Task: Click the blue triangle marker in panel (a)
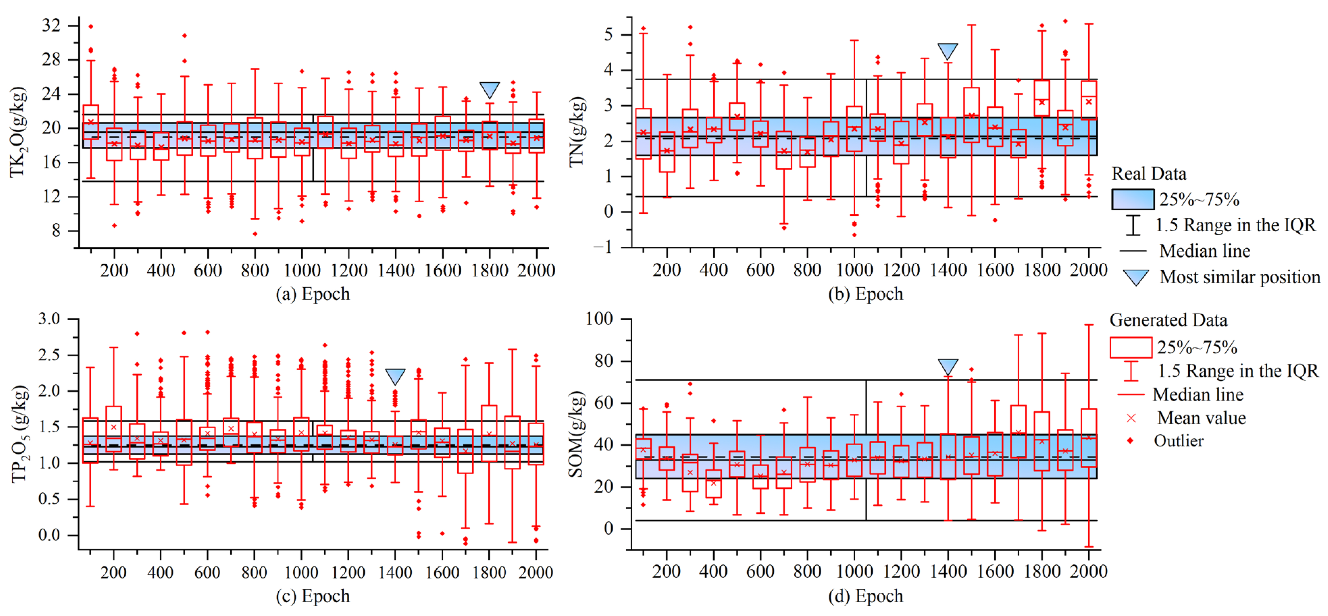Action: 489,89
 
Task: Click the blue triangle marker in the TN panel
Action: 948,51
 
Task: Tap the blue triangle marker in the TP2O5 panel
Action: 395,375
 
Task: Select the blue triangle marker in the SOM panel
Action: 948,366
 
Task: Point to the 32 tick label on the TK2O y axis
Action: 51,25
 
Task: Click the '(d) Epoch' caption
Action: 866,596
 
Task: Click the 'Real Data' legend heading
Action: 1149,173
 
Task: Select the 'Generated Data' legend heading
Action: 1168,320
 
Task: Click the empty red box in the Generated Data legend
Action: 1130,347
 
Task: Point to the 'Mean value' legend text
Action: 1201,418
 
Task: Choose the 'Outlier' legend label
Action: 1178,441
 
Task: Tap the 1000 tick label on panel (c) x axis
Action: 301,572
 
